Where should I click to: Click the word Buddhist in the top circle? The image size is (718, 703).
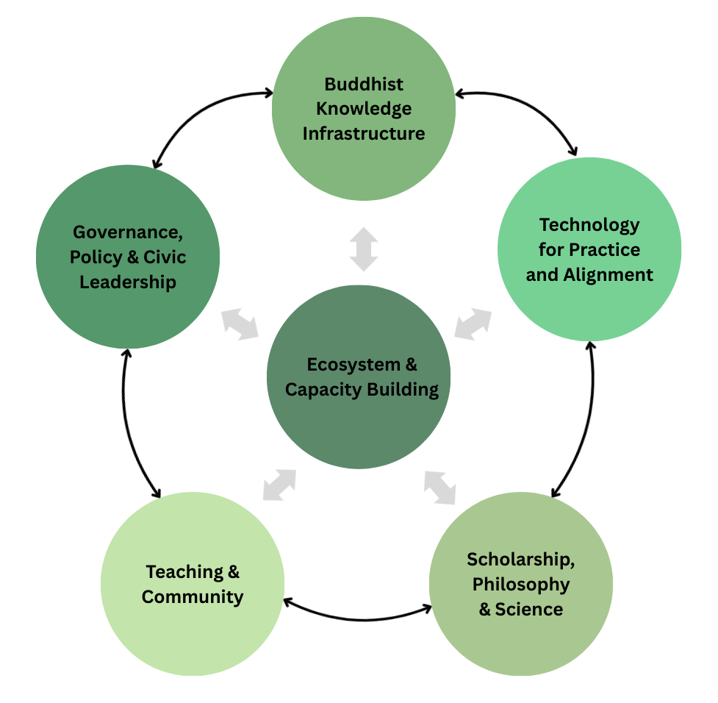tap(364, 84)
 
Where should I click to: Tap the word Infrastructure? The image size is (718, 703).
tap(364, 134)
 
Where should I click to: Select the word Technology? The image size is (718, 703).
tap(589, 224)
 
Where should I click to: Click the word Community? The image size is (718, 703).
tap(193, 596)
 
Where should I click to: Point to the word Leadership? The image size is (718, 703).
tap(127, 282)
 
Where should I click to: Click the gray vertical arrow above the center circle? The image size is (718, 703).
tap(363, 249)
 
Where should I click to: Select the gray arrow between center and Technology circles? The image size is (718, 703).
tap(473, 324)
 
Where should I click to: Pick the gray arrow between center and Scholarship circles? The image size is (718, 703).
tap(439, 488)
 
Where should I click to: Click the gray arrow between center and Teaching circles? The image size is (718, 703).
tap(279, 485)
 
